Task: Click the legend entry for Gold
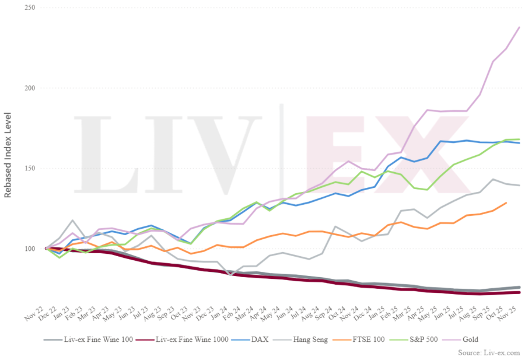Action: click(470, 338)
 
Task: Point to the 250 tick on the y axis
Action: click(29, 8)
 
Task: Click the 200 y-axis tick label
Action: click(29, 88)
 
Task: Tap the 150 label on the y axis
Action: click(29, 169)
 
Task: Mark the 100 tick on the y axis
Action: click(29, 249)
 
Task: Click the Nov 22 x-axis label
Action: click(38, 317)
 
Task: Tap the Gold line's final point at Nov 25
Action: click(519, 27)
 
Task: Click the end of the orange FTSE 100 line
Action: click(506, 203)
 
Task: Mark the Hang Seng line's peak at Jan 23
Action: click(72, 221)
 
